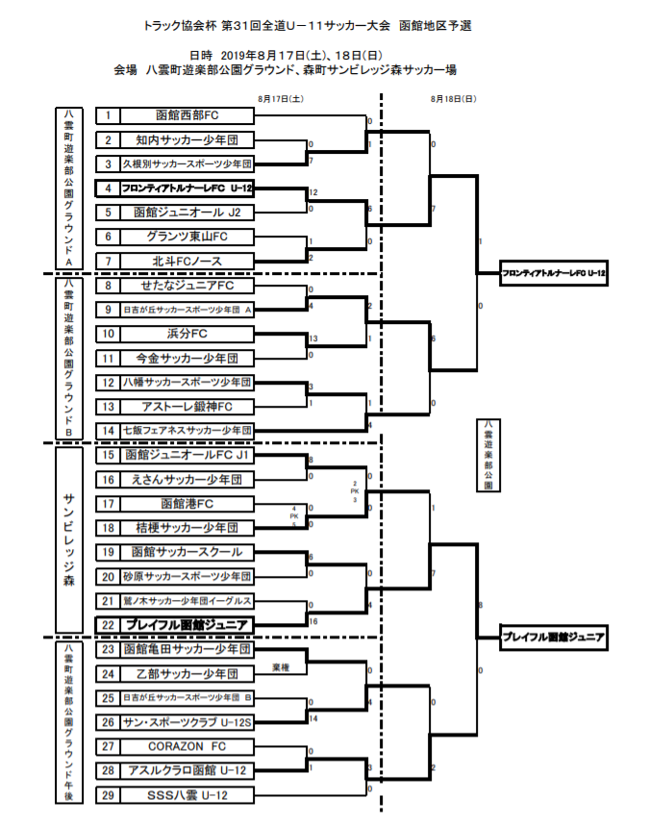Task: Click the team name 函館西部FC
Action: [187, 115]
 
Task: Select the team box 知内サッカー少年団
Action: [187, 140]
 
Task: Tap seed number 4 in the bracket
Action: [109, 188]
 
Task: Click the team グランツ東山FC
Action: [187, 237]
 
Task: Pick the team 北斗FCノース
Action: [187, 262]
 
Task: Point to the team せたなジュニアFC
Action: [187, 286]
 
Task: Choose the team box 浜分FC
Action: [187, 334]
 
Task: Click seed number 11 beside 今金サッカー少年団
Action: [109, 358]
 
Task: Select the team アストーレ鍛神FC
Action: [187, 407]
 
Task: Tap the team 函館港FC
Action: [187, 504]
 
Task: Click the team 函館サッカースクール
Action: [187, 552]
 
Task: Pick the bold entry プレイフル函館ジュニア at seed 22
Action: [187, 625]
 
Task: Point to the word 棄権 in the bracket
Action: [281, 665]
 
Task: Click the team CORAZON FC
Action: [187, 746]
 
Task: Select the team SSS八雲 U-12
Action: [187, 794]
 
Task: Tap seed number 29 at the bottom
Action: [109, 794]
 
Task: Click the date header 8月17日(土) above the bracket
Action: [281, 98]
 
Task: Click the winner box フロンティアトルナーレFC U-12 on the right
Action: [555, 274]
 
